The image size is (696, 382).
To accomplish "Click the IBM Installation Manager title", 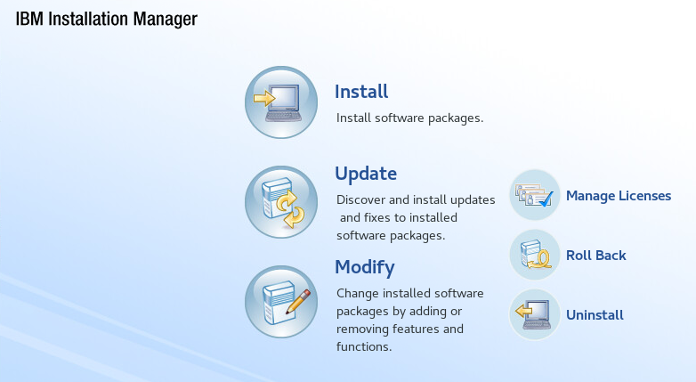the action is (x=107, y=19).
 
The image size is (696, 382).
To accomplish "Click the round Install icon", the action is (x=281, y=102).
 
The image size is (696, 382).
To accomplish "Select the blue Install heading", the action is (x=361, y=92).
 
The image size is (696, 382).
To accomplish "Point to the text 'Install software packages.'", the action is (x=409, y=118).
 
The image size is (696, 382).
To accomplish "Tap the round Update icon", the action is (x=281, y=202).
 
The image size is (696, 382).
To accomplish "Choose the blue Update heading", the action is (x=366, y=175).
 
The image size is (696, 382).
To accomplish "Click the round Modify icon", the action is (x=281, y=302).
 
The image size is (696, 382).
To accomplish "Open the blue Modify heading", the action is (x=365, y=268).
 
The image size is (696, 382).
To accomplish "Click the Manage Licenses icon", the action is (x=534, y=195).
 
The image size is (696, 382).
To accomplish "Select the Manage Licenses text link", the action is (x=619, y=196).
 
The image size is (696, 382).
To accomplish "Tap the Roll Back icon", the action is (x=534, y=255).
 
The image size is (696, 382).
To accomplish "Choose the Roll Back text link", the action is (x=596, y=256).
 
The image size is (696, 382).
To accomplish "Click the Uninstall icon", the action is (x=534, y=314).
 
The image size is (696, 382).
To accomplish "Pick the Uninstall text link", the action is (x=595, y=315).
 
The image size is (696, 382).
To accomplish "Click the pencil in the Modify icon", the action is (x=298, y=302).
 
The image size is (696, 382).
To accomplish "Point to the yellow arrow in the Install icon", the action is (x=264, y=98).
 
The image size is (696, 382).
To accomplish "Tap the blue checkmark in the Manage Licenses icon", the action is (x=546, y=199).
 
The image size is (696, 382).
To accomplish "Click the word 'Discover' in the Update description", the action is (x=360, y=199).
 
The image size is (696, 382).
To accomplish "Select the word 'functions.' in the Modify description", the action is (x=364, y=346).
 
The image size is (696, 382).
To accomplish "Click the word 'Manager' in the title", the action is (x=166, y=20).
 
